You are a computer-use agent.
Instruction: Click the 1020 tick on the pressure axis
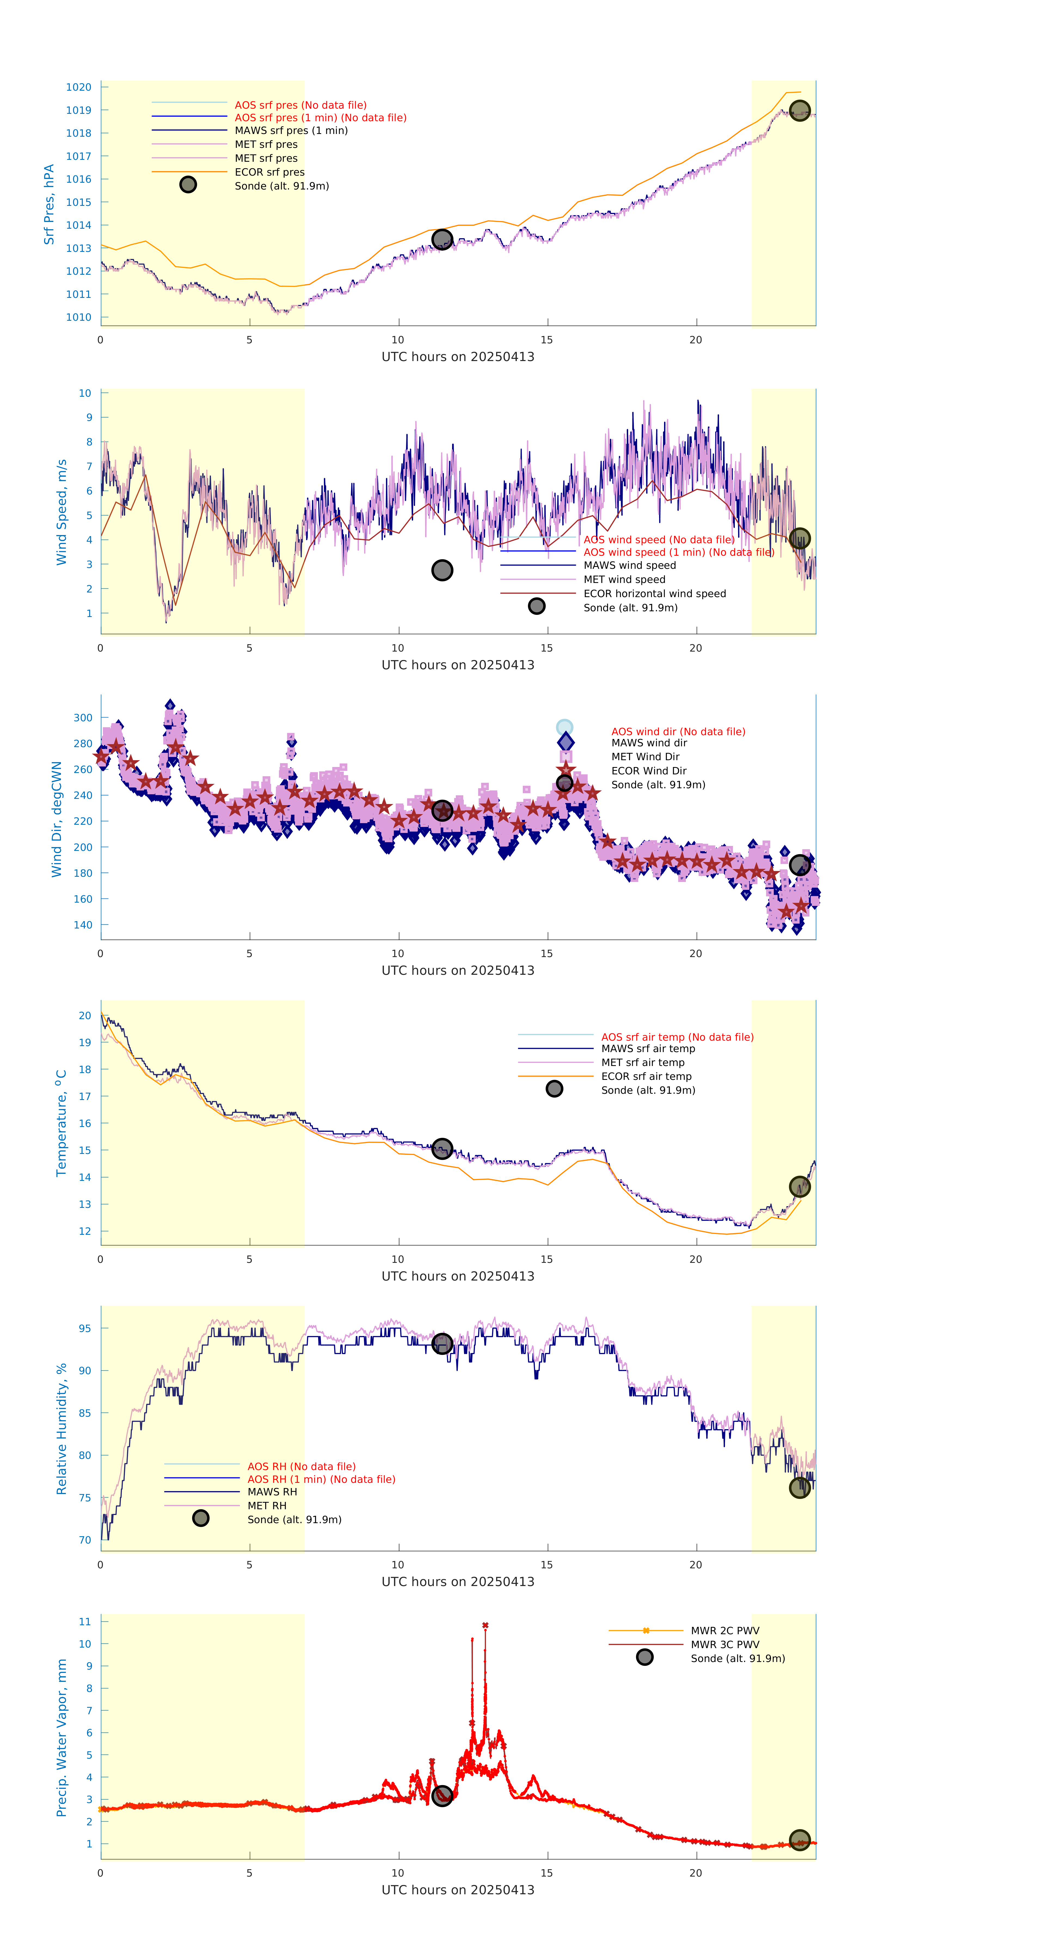click(78, 87)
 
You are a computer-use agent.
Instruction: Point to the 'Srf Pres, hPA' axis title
click(49, 204)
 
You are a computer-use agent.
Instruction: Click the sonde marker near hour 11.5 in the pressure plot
click(442, 240)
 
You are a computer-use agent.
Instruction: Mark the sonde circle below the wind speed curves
click(442, 570)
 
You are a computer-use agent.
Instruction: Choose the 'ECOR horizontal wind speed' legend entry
click(654, 594)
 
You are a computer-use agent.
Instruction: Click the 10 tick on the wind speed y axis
click(85, 393)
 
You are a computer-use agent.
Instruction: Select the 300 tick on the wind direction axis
click(83, 718)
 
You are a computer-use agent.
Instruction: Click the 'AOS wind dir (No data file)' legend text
click(677, 731)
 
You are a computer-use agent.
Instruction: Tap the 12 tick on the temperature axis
click(85, 1231)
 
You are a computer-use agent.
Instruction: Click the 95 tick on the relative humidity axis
click(85, 1328)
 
